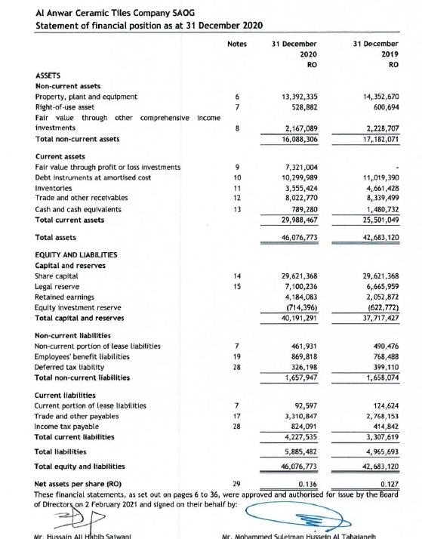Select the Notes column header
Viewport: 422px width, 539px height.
(x=236, y=44)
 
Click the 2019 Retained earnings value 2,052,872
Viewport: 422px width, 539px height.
(x=381, y=297)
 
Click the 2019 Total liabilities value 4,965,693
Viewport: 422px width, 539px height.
(x=381, y=451)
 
